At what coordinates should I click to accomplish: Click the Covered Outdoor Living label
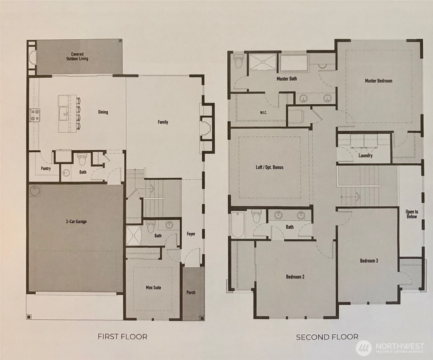click(77, 56)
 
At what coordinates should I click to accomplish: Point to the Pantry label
click(46, 168)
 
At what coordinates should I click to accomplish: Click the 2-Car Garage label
click(76, 221)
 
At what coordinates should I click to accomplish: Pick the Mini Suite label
click(153, 288)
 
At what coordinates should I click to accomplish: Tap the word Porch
click(191, 292)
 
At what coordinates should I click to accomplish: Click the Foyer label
click(191, 234)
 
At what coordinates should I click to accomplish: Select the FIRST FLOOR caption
click(123, 337)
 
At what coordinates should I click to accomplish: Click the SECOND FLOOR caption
click(327, 337)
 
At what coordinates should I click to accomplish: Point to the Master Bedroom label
click(379, 81)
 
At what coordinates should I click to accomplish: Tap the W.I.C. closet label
click(263, 113)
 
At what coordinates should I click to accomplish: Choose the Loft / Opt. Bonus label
click(269, 167)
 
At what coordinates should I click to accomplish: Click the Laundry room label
click(365, 155)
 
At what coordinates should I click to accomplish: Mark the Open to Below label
click(412, 214)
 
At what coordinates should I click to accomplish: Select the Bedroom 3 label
click(369, 261)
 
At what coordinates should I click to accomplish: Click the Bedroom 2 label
click(295, 277)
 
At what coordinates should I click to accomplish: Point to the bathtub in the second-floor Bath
click(238, 225)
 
